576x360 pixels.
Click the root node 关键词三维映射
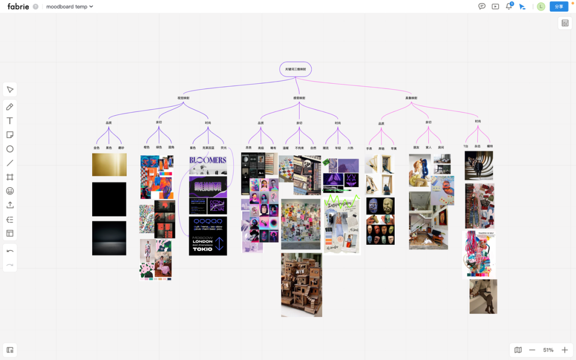pyautogui.click(x=295, y=69)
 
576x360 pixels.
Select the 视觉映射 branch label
pyautogui.click(x=183, y=98)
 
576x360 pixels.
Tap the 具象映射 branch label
pyautogui.click(x=411, y=98)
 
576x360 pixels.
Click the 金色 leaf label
pyautogui.click(x=97, y=148)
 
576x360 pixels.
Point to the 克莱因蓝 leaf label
pyautogui.click(x=208, y=148)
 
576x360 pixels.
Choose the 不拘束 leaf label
pyautogui.click(x=299, y=148)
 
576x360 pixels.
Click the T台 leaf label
pyautogui.click(x=466, y=146)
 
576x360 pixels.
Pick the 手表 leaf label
pyautogui.click(x=369, y=149)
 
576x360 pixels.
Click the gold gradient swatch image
pyautogui.click(x=109, y=165)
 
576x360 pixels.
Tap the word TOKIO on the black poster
pyautogui.click(x=203, y=249)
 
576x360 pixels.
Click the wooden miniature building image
pyautogui.click(x=301, y=285)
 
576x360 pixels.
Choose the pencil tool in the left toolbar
pyautogui.click(x=10, y=107)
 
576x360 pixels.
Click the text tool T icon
pyautogui.click(x=10, y=121)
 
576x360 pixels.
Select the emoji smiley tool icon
pyautogui.click(x=10, y=191)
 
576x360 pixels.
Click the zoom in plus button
pyautogui.click(x=565, y=350)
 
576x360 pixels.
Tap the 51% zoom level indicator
pyautogui.click(x=548, y=350)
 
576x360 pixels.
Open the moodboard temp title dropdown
pyautogui.click(x=70, y=7)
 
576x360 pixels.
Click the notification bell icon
pyautogui.click(x=509, y=6)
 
